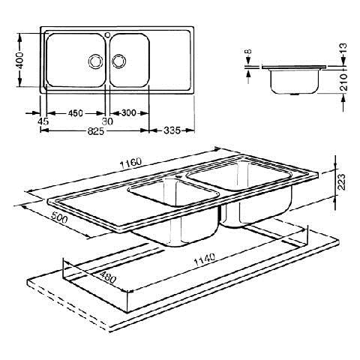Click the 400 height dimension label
coord(20,60)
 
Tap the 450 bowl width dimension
coord(76,113)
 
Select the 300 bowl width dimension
coord(129,112)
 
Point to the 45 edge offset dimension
coord(43,121)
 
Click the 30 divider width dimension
coord(107,121)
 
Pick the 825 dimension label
coord(95,131)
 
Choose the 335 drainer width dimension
coord(172,130)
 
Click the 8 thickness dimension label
coord(248,52)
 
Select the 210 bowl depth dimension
coord(344,82)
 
